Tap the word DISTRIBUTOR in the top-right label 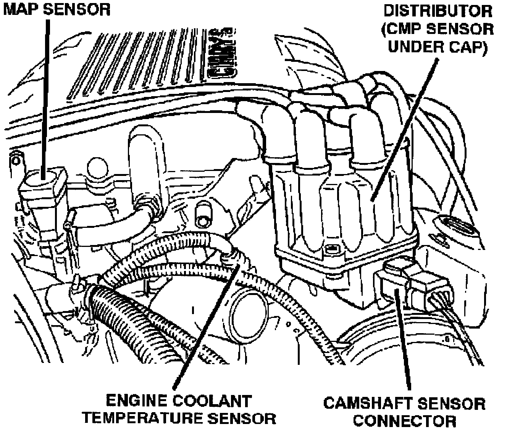[438, 11]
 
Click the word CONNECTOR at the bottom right [404, 421]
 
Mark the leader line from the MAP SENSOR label [46, 95]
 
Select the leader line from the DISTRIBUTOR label [405, 126]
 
